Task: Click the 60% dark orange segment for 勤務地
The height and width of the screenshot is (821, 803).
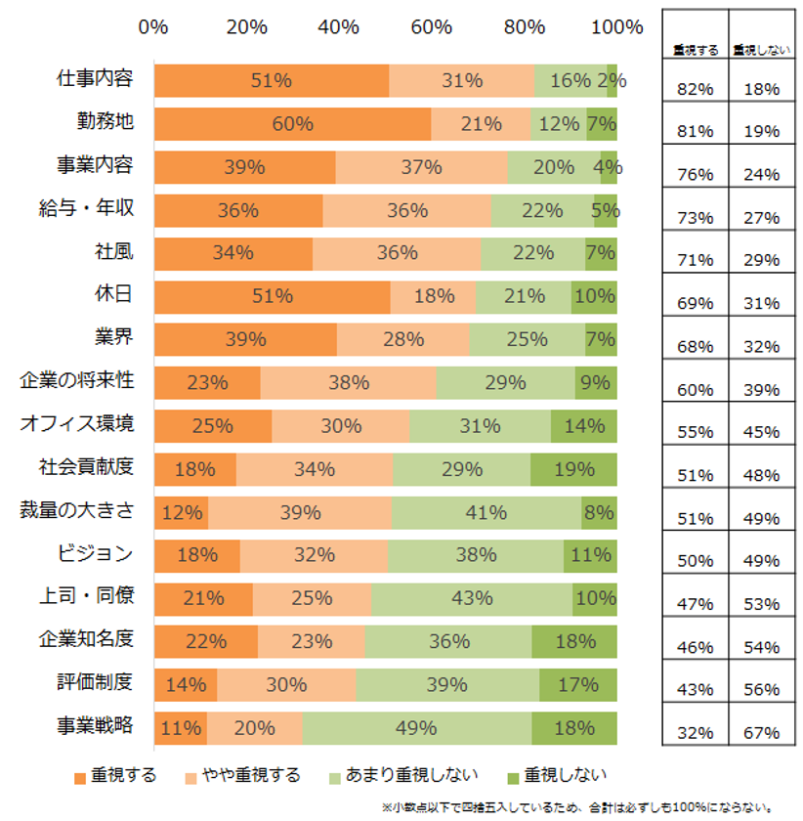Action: click(x=292, y=124)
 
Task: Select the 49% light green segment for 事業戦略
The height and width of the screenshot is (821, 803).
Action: click(x=416, y=728)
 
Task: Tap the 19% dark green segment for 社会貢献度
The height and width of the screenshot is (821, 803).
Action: click(x=573, y=469)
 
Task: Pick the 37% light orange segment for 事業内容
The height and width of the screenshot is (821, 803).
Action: click(x=421, y=167)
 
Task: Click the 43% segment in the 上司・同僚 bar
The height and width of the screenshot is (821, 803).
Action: click(x=471, y=598)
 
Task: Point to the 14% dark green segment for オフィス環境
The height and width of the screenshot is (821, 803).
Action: click(x=584, y=426)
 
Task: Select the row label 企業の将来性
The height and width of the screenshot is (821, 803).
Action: click(x=77, y=381)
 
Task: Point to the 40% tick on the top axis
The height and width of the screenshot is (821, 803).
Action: click(x=339, y=27)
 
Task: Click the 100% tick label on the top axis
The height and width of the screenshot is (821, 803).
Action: click(x=616, y=27)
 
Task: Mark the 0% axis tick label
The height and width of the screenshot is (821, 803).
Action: click(x=153, y=27)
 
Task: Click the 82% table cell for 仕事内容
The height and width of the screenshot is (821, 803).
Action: click(x=694, y=89)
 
